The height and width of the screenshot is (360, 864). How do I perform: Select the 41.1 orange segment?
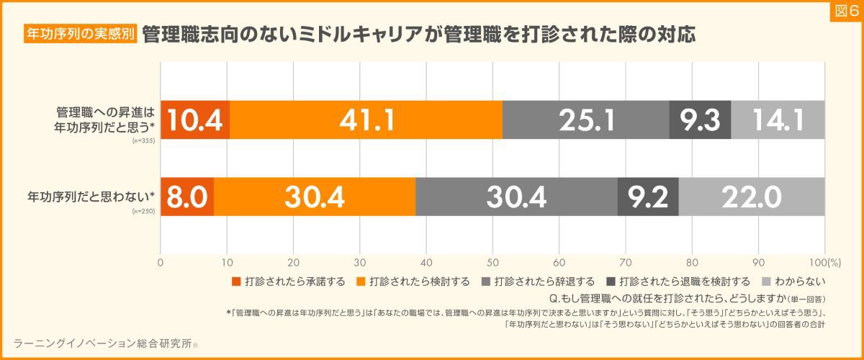point(366,120)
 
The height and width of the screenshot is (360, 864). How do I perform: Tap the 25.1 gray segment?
point(586,120)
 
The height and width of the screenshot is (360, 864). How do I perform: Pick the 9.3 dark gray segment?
point(700,120)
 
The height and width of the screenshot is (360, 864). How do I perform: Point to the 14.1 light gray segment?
point(778,120)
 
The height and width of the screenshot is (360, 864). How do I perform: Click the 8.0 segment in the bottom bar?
point(187,196)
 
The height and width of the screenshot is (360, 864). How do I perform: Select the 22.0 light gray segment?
point(751,196)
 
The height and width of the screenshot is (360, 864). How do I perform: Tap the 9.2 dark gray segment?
point(648,196)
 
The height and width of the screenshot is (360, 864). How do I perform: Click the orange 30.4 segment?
point(315,196)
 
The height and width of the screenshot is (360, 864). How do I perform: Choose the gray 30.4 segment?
point(516,196)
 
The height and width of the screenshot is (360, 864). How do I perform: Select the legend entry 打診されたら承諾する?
point(289,281)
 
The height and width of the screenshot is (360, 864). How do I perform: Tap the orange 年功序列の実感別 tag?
point(81,34)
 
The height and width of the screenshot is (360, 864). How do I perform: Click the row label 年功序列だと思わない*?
point(92,196)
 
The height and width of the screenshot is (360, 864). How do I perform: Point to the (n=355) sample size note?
point(144,140)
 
